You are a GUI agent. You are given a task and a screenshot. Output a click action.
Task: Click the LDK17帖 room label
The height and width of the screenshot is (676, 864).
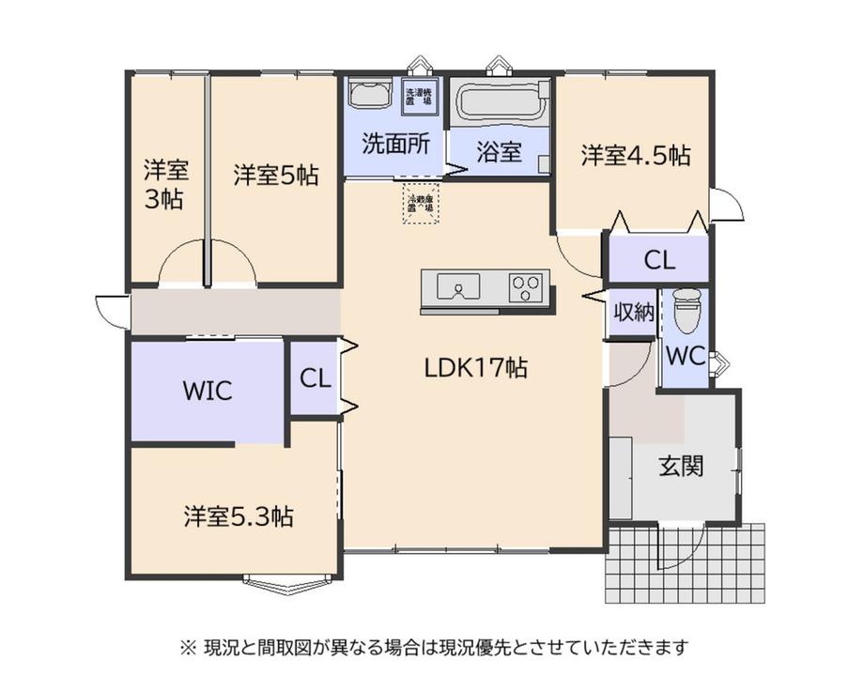(x=475, y=367)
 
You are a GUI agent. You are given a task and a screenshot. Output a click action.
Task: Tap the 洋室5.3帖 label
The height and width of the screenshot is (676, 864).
(x=238, y=515)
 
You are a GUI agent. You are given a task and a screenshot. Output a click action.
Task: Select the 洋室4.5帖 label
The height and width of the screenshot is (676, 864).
(x=635, y=155)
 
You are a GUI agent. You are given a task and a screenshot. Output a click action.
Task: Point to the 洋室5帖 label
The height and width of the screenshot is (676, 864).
(x=275, y=174)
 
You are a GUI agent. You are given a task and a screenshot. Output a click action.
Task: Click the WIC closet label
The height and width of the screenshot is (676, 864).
(x=207, y=390)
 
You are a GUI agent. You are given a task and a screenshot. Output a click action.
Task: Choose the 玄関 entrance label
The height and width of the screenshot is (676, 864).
(x=680, y=465)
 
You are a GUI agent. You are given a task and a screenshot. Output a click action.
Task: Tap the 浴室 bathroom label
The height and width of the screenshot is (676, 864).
(x=499, y=152)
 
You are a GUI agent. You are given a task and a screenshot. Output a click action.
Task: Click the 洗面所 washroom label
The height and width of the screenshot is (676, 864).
(x=396, y=144)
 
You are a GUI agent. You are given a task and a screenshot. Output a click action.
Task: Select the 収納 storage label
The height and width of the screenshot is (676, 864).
(x=633, y=314)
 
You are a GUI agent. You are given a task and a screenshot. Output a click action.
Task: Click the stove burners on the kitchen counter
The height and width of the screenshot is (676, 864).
(x=528, y=284)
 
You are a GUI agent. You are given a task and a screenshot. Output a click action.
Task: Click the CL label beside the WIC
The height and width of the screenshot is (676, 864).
(x=316, y=378)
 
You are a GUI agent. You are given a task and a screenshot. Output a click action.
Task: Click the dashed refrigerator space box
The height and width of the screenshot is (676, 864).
(x=421, y=204)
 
